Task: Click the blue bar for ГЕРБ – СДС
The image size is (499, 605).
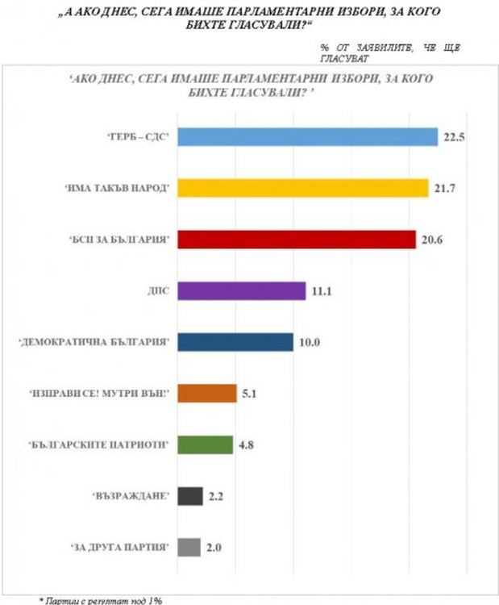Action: tap(307, 137)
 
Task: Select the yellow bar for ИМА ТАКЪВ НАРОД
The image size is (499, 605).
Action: tap(303, 188)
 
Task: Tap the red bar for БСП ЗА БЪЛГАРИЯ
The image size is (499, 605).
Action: tap(297, 240)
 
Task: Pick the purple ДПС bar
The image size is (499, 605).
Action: tap(242, 290)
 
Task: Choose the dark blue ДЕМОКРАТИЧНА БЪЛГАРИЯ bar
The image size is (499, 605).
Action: tap(235, 342)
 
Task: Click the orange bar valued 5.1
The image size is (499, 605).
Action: tap(207, 394)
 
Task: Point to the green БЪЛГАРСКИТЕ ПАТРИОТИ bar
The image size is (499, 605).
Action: tap(206, 445)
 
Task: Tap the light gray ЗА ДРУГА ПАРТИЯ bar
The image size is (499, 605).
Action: tap(189, 548)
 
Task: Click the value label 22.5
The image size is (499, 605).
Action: tap(452, 137)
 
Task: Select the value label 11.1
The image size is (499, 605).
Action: tap(321, 291)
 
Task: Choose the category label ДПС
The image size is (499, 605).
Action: tap(158, 291)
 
